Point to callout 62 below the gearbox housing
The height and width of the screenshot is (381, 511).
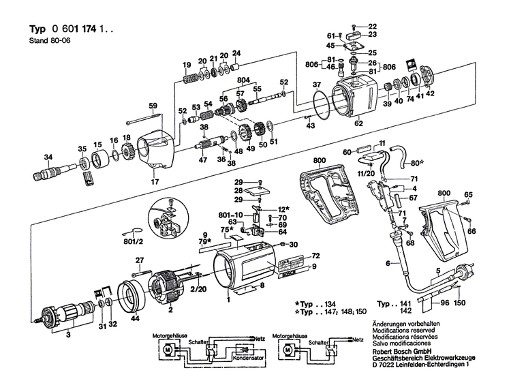click(x=358, y=125)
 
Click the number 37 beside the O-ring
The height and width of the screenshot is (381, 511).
click(x=317, y=85)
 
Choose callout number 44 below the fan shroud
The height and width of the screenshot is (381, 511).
click(x=135, y=318)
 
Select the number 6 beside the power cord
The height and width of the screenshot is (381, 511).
click(x=388, y=263)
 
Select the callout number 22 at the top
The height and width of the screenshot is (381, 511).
click(x=373, y=27)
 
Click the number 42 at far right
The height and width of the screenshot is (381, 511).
click(x=430, y=93)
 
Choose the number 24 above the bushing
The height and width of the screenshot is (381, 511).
click(x=236, y=53)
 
